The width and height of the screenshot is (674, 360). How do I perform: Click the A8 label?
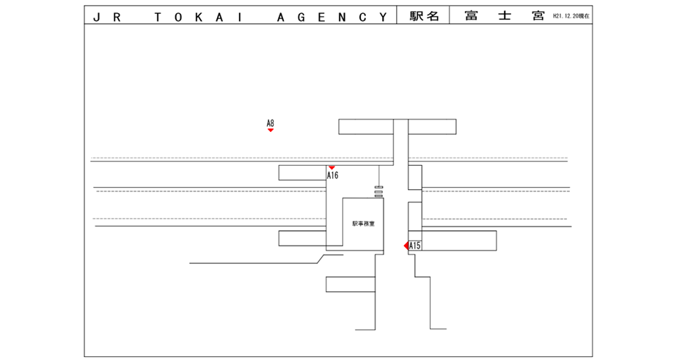coord(270,123)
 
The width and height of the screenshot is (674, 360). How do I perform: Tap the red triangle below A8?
coord(271,131)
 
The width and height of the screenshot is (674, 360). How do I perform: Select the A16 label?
coord(332,175)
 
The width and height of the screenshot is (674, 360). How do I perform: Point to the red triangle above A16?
coord(331,168)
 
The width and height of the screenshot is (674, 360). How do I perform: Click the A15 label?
coord(415,246)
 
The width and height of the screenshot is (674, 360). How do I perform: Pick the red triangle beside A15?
coord(406,246)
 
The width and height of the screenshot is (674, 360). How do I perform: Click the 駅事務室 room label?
coord(363,224)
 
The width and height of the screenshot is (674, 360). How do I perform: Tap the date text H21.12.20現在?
coord(571,15)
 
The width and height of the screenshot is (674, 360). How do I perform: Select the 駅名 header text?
coord(423,15)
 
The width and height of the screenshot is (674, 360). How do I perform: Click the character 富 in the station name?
coord(472,15)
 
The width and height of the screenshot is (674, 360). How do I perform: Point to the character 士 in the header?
coord(504,15)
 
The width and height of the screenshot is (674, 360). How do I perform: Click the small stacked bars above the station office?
coord(378,193)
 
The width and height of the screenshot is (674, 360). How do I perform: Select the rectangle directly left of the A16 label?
coord(302,173)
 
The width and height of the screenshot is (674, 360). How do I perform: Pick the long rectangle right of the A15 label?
coord(459,240)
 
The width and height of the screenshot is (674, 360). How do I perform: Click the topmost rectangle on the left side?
coord(366,126)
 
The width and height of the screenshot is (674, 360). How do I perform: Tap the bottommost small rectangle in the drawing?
coord(351,284)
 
